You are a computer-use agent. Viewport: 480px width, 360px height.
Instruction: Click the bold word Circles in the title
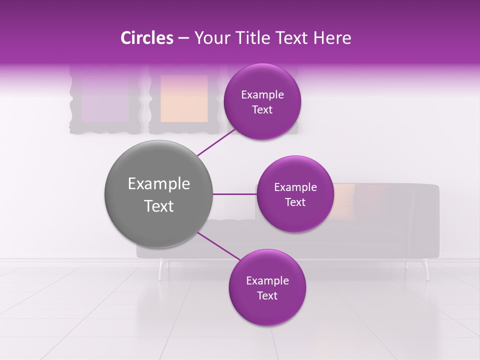tap(146, 38)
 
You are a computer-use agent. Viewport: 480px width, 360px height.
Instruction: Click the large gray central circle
tap(158, 194)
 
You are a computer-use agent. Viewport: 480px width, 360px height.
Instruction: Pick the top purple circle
tap(262, 101)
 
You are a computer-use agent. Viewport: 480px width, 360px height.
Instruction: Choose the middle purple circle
tap(295, 194)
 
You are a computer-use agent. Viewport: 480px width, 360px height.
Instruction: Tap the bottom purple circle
tap(267, 287)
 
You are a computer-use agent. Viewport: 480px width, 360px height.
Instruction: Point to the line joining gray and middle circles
tap(234, 194)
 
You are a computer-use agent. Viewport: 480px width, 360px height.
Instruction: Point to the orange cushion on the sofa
tap(344, 200)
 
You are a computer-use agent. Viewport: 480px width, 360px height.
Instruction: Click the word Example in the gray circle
tap(158, 184)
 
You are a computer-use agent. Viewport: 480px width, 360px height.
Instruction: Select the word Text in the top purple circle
tap(262, 110)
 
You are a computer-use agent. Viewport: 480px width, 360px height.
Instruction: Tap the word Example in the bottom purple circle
tap(267, 280)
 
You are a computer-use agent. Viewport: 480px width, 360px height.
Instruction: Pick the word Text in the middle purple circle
tap(295, 202)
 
